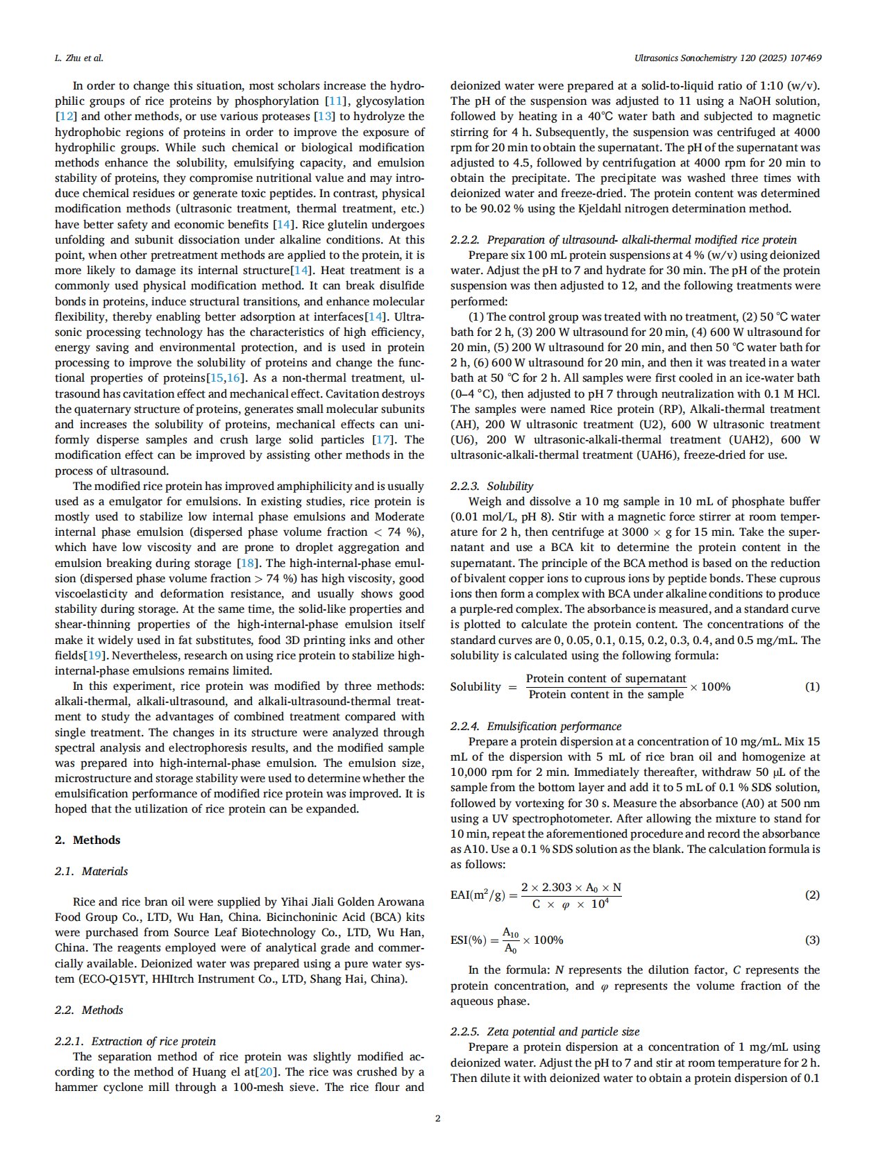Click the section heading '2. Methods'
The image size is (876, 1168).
[x=87, y=840]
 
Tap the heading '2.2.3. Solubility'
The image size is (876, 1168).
[x=491, y=486]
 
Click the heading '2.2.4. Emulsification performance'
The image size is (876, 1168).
[x=536, y=726]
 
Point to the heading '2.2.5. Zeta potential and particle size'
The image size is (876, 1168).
[x=545, y=1031]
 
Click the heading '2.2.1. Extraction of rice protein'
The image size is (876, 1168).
[x=135, y=1041]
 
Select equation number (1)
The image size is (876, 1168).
[x=812, y=686]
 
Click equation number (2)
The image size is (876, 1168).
[x=812, y=895]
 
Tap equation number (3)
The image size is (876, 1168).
[x=812, y=940]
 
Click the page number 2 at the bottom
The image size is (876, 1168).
[x=437, y=1118]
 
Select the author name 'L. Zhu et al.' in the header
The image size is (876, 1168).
[x=78, y=58]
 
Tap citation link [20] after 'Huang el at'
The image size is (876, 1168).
[x=267, y=1072]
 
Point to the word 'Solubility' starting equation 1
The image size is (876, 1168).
[x=475, y=687]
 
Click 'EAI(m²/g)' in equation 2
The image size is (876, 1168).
[x=479, y=895]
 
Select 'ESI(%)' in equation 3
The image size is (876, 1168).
[x=469, y=940]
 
